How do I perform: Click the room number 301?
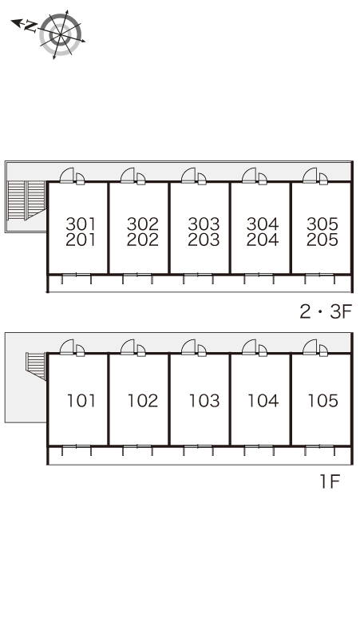click(x=81, y=224)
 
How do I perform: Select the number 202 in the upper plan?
click(x=143, y=240)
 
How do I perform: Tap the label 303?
click(x=204, y=224)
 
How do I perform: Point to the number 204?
click(x=263, y=240)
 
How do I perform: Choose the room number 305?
click(x=322, y=224)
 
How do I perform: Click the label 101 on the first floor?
click(x=81, y=401)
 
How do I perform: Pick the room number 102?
click(x=143, y=401)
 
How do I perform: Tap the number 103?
click(x=204, y=401)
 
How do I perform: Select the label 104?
click(x=263, y=401)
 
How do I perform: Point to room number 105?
click(x=323, y=401)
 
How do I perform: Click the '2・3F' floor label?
click(x=326, y=311)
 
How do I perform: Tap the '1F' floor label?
click(x=330, y=481)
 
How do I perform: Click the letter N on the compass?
click(x=30, y=26)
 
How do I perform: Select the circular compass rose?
click(x=61, y=34)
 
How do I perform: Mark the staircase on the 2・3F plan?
click(x=26, y=200)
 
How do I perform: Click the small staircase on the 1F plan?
click(x=35, y=366)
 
